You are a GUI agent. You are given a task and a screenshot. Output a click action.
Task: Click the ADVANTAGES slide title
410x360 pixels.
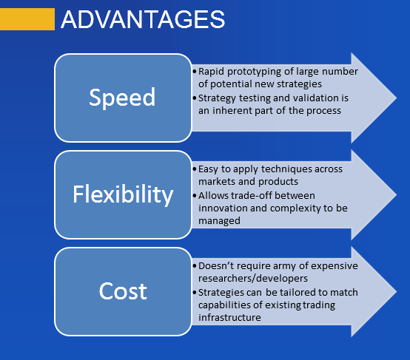tap(143, 19)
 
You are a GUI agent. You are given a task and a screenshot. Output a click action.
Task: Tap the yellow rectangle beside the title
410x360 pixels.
tap(27, 19)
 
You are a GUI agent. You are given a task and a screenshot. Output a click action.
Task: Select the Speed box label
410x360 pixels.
tap(122, 98)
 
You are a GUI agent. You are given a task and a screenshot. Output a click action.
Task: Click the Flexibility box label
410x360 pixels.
tap(123, 194)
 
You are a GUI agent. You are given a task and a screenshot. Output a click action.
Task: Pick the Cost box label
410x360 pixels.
tap(123, 291)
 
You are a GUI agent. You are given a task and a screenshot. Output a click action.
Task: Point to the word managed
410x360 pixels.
tap(219, 221)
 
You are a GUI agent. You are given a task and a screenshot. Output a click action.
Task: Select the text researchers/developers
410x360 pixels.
tap(253, 279)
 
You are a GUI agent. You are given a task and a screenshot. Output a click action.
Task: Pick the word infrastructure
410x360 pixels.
tap(229, 317)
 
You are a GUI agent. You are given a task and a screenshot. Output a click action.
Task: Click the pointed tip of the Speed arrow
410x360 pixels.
tap(397, 98)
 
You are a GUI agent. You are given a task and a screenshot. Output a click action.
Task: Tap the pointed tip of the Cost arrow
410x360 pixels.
tap(397, 291)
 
